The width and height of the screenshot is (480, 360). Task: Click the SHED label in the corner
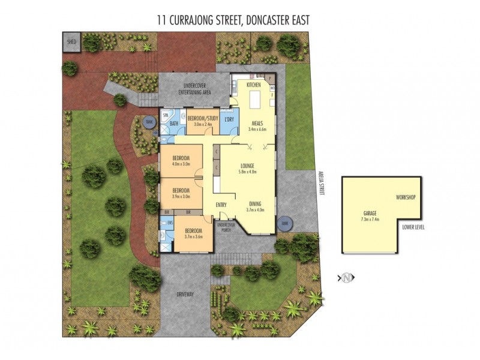click(x=72, y=42)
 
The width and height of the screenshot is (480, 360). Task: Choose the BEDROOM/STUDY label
click(x=202, y=118)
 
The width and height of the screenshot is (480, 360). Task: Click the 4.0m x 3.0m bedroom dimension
click(x=181, y=163)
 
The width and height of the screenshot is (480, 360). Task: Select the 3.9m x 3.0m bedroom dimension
click(x=181, y=196)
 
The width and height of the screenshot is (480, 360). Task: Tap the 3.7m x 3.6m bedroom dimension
click(x=193, y=236)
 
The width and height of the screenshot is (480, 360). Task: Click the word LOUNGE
click(x=247, y=165)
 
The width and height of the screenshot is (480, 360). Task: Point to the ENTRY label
click(x=221, y=205)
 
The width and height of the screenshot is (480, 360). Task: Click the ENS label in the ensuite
click(x=170, y=222)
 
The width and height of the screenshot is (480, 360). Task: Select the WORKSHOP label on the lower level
click(x=406, y=197)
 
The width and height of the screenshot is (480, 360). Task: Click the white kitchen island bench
click(x=256, y=97)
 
